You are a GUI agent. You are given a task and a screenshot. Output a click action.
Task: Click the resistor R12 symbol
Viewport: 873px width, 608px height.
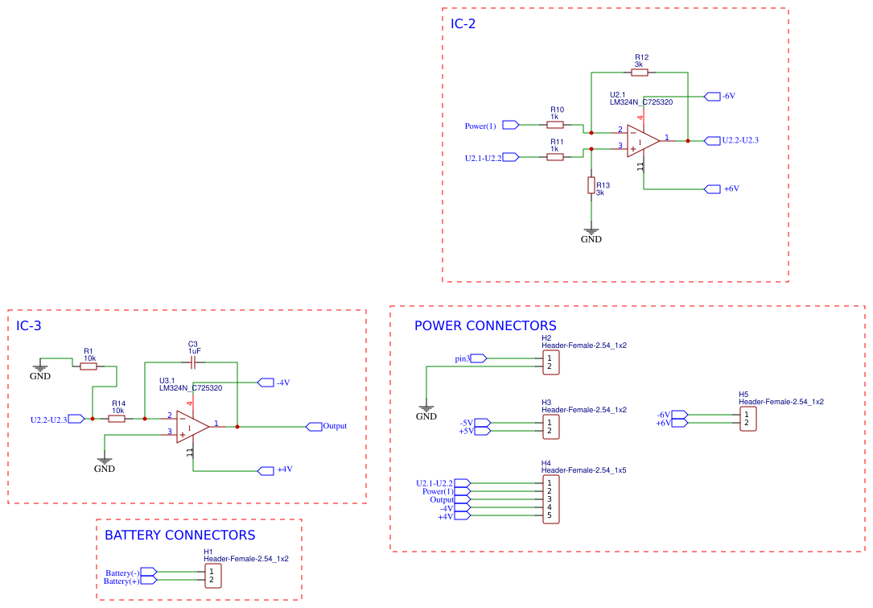coord(640,72)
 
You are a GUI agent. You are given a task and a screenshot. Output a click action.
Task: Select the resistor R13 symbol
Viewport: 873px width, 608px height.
coord(591,186)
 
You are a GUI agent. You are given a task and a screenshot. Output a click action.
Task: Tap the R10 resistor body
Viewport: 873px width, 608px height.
coord(554,125)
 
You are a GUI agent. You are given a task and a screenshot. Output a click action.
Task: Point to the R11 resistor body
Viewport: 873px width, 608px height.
coord(554,157)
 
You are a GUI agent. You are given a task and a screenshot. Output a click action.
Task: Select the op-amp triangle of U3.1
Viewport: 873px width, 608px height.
coord(192,427)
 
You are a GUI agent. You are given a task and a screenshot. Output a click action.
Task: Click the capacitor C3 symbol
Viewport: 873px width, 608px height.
coord(193,362)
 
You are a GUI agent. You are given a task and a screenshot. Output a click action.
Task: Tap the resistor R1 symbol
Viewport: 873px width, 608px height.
coord(89,366)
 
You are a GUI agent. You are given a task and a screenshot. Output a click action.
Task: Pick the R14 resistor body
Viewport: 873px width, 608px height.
coord(117,419)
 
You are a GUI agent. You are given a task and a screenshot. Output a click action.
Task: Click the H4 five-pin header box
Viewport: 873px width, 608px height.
coord(550,499)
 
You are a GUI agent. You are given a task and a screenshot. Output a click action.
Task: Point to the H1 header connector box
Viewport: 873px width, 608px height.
coord(212,576)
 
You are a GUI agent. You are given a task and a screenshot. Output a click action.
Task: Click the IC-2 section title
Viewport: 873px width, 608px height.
coord(463,24)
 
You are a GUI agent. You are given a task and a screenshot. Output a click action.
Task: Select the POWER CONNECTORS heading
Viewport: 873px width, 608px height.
coord(485,326)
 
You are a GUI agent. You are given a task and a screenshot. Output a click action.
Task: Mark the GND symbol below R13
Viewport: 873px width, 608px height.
coord(591,234)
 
